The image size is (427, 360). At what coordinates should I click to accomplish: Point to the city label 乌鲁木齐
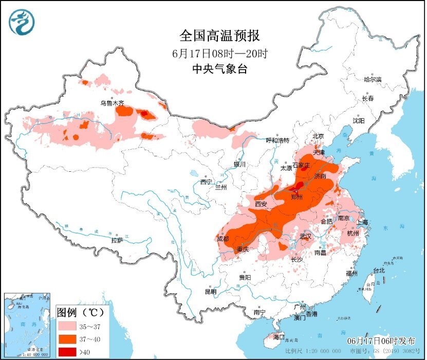coord(112,103)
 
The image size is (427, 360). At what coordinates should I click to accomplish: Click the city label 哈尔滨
coord(373,80)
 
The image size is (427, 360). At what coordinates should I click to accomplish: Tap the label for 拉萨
coord(117,240)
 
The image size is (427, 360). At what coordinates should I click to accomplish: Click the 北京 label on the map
coord(319,137)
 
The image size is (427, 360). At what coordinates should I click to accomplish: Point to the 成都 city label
coord(223,239)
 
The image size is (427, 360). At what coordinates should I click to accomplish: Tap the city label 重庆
coord(243,250)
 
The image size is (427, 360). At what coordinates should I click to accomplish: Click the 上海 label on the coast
coord(363,222)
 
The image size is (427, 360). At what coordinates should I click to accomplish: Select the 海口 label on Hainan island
coord(279,337)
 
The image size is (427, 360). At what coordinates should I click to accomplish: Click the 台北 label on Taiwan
coord(378,271)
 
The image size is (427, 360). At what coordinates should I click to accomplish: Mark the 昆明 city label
coord(211,291)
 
